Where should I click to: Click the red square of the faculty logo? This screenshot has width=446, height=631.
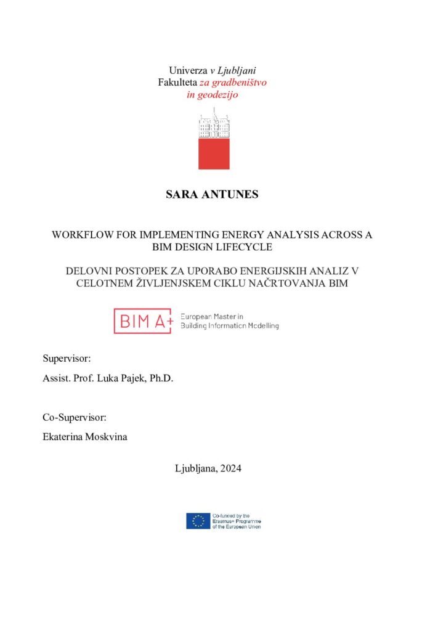coord(214,153)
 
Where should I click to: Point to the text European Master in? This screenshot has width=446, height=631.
coord(212,316)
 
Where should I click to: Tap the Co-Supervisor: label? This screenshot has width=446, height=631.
coord(75,417)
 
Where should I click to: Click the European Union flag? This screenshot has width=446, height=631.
coord(198,521)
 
